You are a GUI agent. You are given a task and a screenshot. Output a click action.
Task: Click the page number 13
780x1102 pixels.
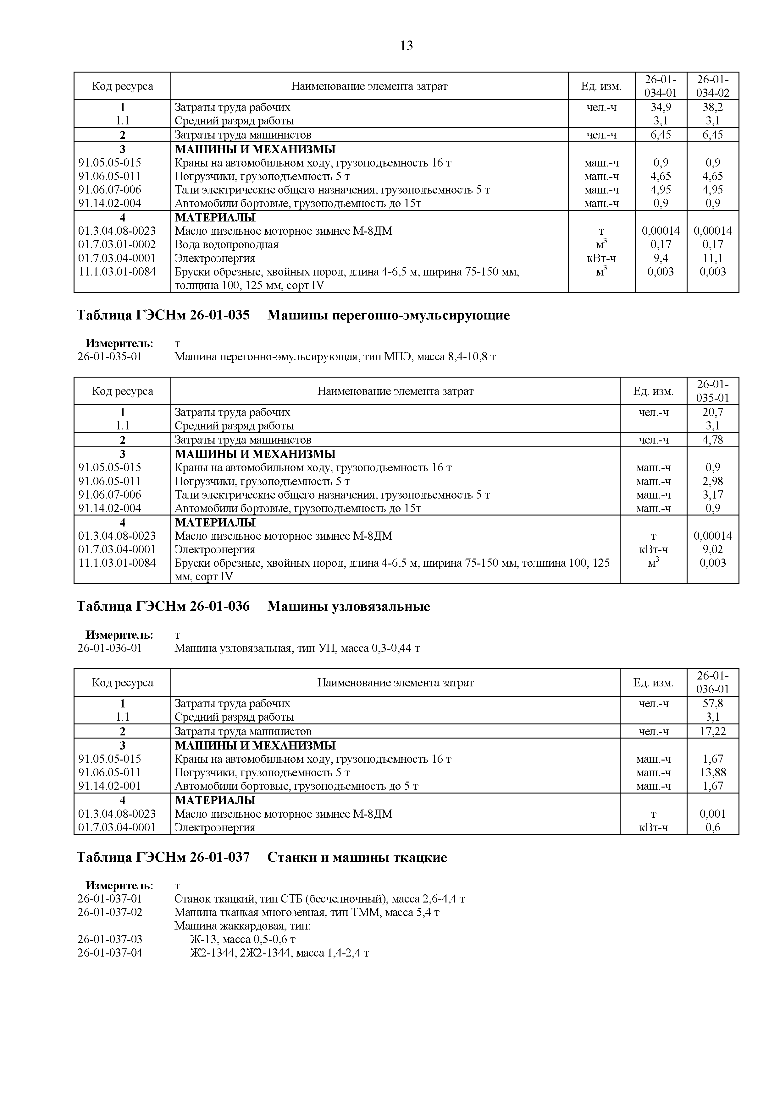coord(406,46)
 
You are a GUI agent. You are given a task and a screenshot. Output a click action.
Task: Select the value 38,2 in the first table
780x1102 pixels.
coord(712,107)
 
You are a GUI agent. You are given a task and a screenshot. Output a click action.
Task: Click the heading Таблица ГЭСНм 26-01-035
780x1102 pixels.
coord(163,315)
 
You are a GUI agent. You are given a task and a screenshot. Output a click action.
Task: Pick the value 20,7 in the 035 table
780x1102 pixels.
coord(712,412)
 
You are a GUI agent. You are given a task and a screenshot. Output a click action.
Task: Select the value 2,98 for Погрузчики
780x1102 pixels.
coord(712,481)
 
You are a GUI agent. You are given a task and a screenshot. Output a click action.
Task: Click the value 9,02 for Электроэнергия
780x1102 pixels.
coord(712,549)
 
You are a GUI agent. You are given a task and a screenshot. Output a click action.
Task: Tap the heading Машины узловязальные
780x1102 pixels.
coord(349,607)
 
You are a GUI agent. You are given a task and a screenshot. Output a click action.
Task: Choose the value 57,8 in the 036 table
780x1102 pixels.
coord(712,704)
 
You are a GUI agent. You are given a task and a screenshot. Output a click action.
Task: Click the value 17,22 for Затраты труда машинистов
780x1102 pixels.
coord(712,731)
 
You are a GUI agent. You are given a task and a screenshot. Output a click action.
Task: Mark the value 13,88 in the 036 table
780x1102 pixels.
coord(712,772)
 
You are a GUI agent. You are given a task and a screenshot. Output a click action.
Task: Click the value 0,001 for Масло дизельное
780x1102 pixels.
coord(712,814)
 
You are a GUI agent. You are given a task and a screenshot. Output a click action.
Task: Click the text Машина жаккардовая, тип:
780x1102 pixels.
coord(242,926)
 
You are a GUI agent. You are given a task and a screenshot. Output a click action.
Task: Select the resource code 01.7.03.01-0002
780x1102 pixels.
coord(117,245)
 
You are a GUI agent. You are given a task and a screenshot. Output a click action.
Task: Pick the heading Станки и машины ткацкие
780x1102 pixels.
coord(357,857)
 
